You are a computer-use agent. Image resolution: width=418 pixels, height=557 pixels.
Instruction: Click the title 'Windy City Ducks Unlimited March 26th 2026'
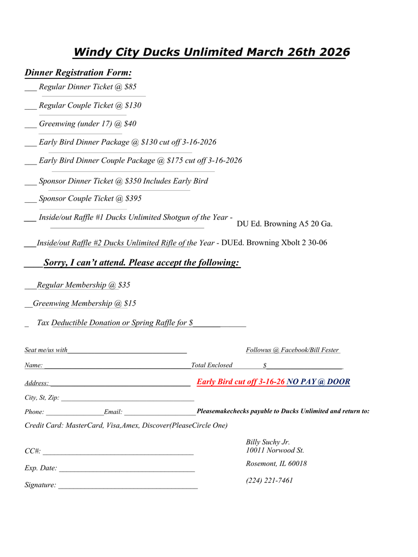tap(211, 52)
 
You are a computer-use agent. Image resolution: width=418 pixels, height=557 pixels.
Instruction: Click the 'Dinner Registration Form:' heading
tap(78, 73)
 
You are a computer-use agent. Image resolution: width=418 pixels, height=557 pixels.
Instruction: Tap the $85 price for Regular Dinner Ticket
tap(131, 87)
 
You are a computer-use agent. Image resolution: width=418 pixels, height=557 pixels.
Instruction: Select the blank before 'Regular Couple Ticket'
tap(30, 106)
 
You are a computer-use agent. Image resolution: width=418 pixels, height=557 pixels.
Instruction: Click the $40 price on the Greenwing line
tap(130, 124)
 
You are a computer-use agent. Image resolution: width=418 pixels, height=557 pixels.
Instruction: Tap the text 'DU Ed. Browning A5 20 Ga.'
tap(285, 224)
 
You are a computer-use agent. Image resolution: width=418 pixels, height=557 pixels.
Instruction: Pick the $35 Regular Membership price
tap(124, 285)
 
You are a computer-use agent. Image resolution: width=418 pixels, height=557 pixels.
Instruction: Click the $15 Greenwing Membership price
tap(130, 304)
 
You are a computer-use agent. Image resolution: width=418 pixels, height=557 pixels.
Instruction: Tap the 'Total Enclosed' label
tap(212, 365)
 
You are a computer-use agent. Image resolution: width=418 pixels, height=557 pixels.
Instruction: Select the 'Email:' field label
tap(113, 412)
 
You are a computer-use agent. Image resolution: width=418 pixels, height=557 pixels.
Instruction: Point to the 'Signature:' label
tap(40, 485)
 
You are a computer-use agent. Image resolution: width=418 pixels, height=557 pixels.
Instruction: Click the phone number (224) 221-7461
tap(269, 481)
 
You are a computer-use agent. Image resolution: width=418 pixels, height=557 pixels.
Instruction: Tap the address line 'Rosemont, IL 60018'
tap(276, 463)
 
